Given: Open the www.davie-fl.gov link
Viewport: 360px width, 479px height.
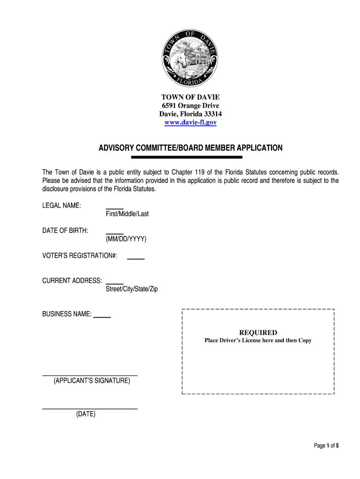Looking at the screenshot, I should pos(190,123).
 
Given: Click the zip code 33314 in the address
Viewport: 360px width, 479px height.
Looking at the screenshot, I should pos(211,114).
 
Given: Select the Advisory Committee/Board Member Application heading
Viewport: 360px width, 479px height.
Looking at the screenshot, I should pos(190,148).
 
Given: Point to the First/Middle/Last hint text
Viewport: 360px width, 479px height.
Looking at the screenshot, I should pos(127,214).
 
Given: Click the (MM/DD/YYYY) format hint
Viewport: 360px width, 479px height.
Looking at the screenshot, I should pos(126,239).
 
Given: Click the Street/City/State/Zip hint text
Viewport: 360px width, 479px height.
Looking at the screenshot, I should pos(132,289).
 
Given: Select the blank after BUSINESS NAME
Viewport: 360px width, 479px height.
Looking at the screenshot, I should pos(102,317).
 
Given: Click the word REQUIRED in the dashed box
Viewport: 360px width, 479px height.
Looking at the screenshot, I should pos(258,333).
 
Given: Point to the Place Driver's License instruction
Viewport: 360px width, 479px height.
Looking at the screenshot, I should pos(258,341).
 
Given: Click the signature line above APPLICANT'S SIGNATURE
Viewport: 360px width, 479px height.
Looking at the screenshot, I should pos(90,376).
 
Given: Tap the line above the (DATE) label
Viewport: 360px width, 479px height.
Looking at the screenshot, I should pos(90,409).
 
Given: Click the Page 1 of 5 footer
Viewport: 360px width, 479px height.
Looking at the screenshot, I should pos(326,446).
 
